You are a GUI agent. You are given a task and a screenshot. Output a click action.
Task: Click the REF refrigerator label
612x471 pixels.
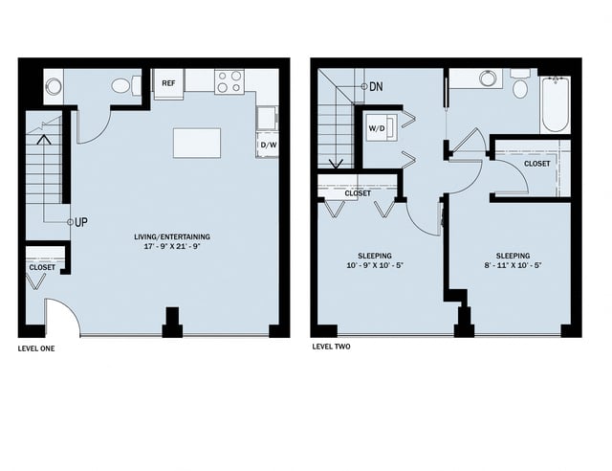(x=168, y=83)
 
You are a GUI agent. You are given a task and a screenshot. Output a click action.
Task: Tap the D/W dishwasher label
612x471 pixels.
(x=267, y=146)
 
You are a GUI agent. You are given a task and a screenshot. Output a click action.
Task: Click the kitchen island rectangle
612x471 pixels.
(x=197, y=143)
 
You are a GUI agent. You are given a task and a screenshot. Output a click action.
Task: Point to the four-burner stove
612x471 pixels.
(x=229, y=81)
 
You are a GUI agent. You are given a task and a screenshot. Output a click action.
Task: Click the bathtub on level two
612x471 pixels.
(x=556, y=103)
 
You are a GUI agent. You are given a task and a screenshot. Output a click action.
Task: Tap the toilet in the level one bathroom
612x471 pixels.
(x=122, y=85)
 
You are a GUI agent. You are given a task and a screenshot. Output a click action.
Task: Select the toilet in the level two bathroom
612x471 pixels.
(x=520, y=86)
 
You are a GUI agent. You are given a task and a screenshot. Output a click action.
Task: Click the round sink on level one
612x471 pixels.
(x=53, y=86)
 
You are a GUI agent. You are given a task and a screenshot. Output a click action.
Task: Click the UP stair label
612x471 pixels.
(x=81, y=222)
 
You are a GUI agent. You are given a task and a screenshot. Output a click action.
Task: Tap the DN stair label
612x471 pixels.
(x=376, y=86)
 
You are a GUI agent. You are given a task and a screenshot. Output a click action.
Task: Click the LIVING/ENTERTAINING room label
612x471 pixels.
(x=173, y=236)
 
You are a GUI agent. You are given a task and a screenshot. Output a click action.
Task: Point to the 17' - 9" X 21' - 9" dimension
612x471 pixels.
(x=173, y=246)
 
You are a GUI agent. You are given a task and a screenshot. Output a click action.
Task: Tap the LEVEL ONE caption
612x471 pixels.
(x=36, y=348)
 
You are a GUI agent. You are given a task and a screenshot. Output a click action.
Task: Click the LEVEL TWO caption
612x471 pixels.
(x=332, y=348)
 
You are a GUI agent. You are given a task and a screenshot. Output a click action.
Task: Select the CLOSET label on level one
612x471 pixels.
(x=42, y=267)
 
